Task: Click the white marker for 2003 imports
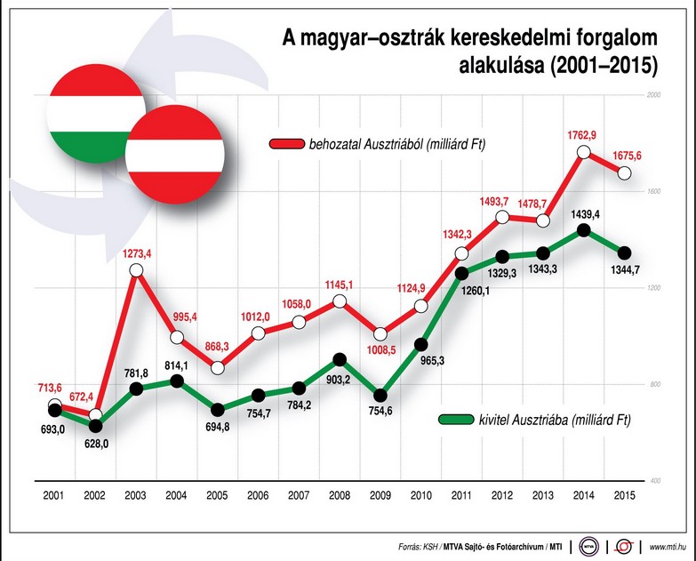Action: click(x=136, y=271)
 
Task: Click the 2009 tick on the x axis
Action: click(x=380, y=496)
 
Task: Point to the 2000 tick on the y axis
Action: click(x=656, y=95)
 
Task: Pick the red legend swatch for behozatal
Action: click(x=287, y=143)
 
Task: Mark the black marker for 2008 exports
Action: click(x=339, y=360)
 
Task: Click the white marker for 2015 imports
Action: click(x=625, y=172)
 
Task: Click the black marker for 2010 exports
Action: click(x=421, y=344)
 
